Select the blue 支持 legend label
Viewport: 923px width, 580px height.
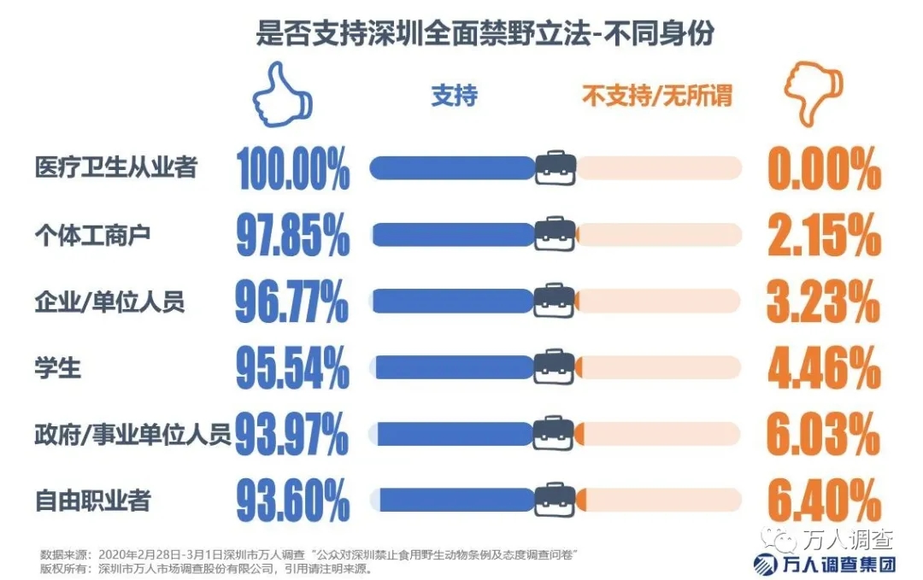coord(454,97)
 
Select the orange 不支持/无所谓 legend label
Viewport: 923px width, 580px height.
coord(657,97)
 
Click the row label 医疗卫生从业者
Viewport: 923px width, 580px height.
coord(116,167)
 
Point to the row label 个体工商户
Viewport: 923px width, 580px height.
coord(93,233)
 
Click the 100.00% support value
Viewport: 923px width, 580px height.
coord(293,168)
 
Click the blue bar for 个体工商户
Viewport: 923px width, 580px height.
coord(453,234)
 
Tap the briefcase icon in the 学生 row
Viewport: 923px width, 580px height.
coord(554,367)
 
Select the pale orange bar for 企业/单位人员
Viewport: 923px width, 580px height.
coord(658,301)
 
